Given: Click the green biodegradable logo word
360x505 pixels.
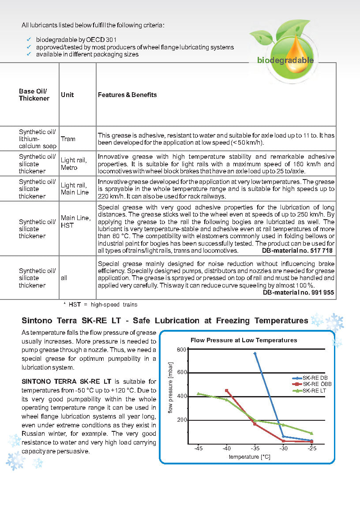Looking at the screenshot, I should (285, 60).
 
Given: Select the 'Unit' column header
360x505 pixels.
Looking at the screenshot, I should (67, 95).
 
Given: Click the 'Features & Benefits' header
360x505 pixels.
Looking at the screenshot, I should (127, 95).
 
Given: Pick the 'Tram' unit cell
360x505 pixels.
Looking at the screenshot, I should (68, 139).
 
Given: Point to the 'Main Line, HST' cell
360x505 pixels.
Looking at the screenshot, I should (75, 221).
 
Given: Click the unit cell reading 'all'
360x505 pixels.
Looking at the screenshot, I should (64, 278).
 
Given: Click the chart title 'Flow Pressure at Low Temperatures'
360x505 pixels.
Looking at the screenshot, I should (244, 340).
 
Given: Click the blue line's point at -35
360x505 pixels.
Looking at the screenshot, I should (255, 354).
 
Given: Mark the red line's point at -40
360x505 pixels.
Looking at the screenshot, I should (227, 390).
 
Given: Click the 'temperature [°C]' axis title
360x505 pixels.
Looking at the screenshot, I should (249, 457).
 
